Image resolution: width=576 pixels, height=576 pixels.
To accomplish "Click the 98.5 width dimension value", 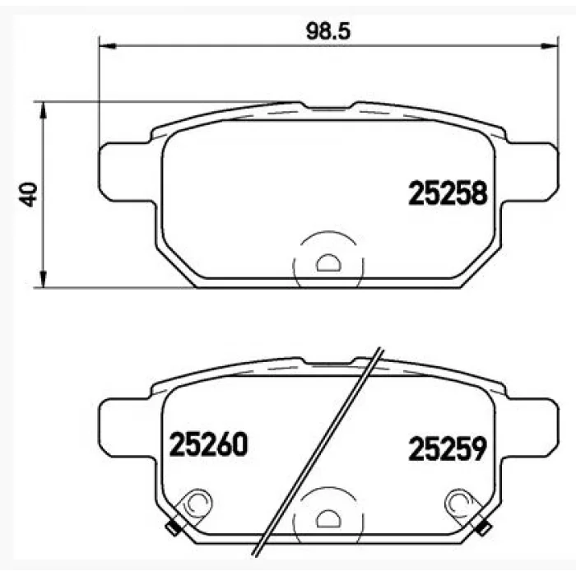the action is point(328,31).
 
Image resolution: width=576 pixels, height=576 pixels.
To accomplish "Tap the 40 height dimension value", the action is point(28,194).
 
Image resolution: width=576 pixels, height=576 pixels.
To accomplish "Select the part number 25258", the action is point(448,193).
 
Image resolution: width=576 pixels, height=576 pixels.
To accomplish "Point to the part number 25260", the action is point(208,444).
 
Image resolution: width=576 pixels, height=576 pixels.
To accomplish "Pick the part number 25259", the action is point(448,448).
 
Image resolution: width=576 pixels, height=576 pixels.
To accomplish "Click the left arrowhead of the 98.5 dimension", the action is point(108,46).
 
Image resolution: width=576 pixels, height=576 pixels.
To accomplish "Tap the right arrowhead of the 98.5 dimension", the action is point(550,46).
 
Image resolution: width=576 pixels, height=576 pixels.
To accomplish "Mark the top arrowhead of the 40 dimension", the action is point(44,110).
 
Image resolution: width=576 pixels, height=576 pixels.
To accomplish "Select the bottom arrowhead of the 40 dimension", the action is point(44,280).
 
